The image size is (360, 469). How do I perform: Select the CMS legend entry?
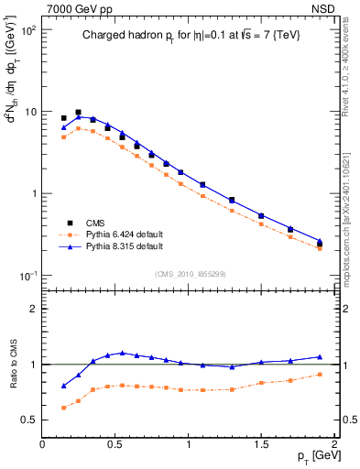94,223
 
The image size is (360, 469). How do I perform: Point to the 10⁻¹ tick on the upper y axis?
27,276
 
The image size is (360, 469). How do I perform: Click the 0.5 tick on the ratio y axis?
29,420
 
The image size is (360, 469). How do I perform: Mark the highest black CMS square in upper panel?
78,112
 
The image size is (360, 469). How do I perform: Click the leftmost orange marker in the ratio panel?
63,408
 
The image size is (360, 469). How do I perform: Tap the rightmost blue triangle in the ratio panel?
320,356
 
